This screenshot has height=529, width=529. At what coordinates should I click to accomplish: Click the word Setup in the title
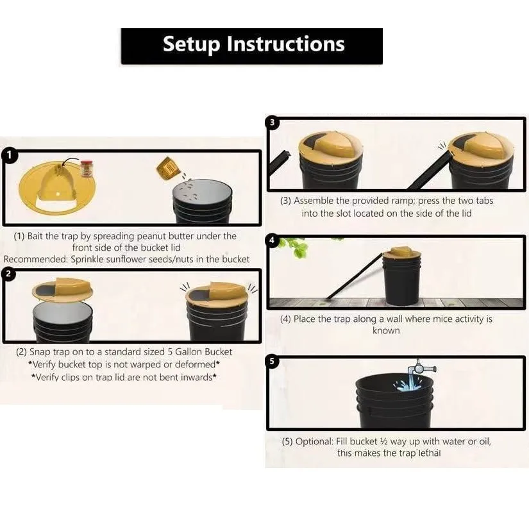[x=191, y=44]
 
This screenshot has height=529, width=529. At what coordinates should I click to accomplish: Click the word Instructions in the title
[x=285, y=44]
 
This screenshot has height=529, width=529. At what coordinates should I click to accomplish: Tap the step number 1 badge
[x=9, y=155]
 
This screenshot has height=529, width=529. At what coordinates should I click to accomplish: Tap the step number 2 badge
[x=8, y=274]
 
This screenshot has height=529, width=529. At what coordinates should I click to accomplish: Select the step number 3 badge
[x=273, y=122]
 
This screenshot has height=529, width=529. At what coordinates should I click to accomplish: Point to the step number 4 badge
[x=272, y=240]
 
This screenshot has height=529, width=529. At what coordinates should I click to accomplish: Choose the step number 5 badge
[x=273, y=362]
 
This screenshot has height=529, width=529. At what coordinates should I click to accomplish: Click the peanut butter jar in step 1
[x=87, y=169]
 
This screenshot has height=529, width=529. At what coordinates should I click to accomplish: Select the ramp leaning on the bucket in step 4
[x=354, y=276]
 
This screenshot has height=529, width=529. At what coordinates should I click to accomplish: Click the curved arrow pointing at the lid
[x=69, y=160]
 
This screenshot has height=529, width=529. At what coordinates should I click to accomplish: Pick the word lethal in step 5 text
[x=430, y=453]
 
